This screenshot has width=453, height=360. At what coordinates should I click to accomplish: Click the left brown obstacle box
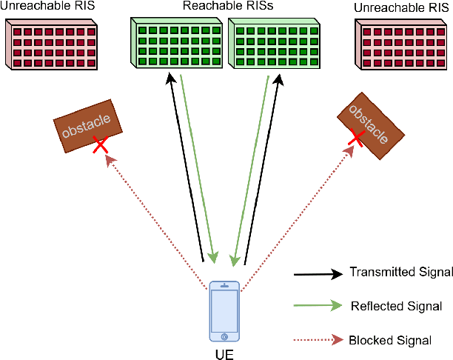87,127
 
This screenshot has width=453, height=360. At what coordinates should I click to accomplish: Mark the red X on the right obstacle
356,138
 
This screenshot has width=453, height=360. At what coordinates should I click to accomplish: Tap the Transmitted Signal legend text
400,273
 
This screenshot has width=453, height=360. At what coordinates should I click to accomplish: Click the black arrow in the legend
318,273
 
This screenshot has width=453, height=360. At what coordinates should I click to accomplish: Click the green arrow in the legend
318,305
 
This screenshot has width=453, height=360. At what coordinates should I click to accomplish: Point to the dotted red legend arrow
318,340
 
